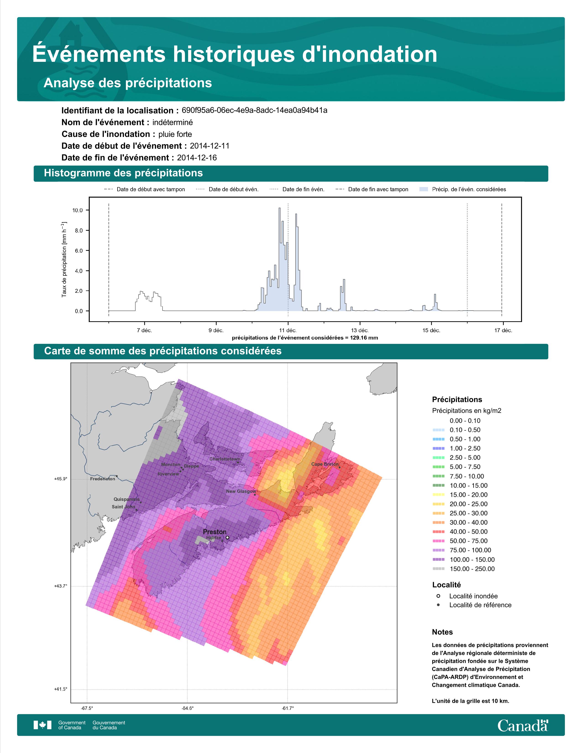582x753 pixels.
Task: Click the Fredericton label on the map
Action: pyautogui.click(x=102, y=479)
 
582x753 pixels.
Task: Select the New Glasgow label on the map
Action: pyautogui.click(x=241, y=491)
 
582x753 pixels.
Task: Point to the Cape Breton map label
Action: pyautogui.click(x=325, y=464)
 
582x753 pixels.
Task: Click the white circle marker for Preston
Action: pyautogui.click(x=227, y=538)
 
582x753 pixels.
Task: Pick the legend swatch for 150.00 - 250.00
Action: pyautogui.click(x=438, y=569)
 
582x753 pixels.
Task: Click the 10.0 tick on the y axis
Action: pyautogui.click(x=78, y=210)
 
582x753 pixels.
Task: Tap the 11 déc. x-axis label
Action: pyautogui.click(x=288, y=330)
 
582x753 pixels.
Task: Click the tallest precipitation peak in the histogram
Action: pyautogui.click(x=279, y=208)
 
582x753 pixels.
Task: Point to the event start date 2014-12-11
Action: pyautogui.click(x=210, y=146)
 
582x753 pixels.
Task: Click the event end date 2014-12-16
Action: pyautogui.click(x=197, y=158)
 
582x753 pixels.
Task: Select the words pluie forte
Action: pyautogui.click(x=175, y=134)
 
